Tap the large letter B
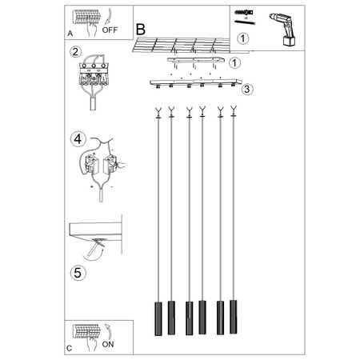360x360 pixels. (141, 28)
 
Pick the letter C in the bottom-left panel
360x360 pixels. (70, 350)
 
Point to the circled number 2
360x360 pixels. (75, 53)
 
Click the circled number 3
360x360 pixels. (248, 89)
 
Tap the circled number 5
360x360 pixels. (78, 273)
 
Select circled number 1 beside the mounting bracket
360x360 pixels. (235, 62)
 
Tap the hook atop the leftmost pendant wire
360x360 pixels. (158, 112)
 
